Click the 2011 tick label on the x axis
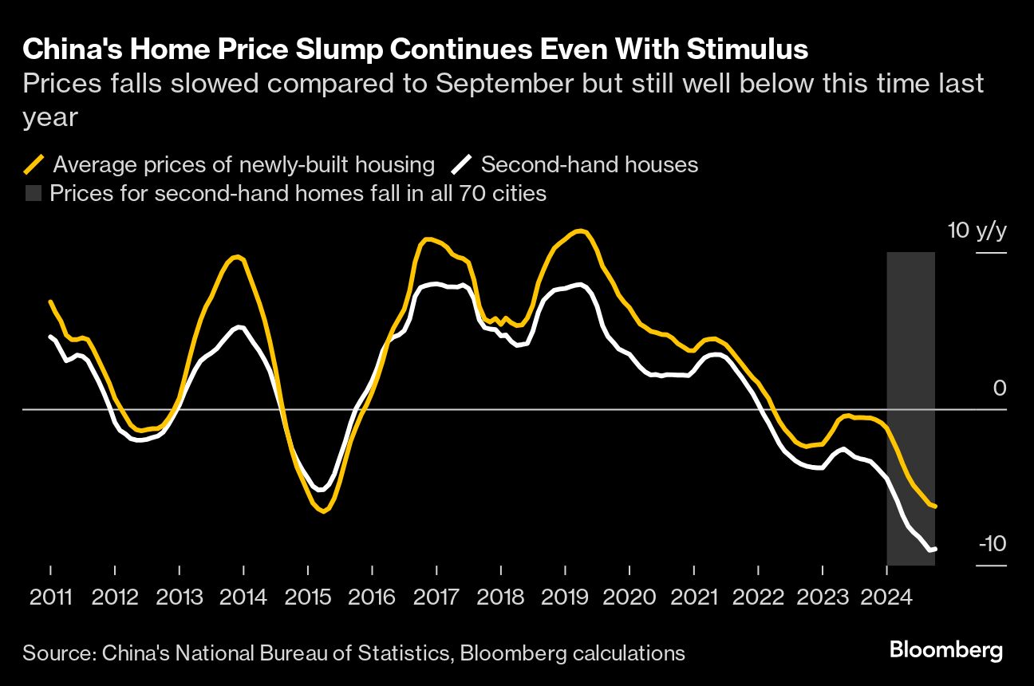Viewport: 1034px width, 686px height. tap(50, 596)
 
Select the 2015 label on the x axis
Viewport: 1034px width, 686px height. tap(308, 596)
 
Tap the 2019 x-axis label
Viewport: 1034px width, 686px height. tap(565, 596)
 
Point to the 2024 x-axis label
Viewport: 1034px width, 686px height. tap(887, 596)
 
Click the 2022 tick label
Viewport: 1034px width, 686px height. tap(758, 596)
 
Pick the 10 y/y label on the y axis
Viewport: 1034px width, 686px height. tap(977, 231)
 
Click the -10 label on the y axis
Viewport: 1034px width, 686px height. tap(992, 544)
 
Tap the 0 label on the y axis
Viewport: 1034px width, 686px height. tap(1000, 388)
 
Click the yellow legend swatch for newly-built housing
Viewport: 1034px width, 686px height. tap(34, 165)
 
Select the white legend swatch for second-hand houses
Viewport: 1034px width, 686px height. tap(462, 165)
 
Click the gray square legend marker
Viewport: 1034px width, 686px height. tap(33, 193)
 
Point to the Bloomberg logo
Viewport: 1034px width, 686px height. tap(946, 650)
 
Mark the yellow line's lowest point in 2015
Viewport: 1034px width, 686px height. tap(323, 511)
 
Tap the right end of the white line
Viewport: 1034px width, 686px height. tap(934, 548)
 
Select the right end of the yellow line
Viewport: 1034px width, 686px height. tap(934, 506)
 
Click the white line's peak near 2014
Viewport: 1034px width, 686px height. tap(239, 327)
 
